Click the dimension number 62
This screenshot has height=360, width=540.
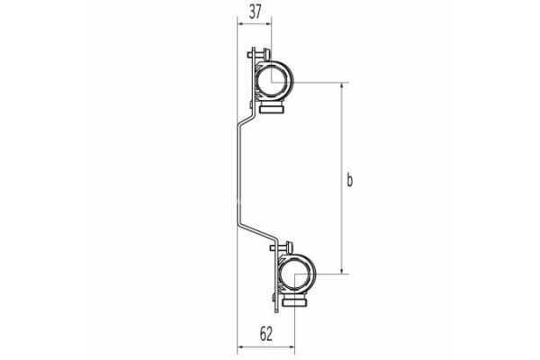click(x=266, y=333)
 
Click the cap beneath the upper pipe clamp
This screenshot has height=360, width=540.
click(x=273, y=110)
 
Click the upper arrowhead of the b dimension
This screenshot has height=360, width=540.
click(x=343, y=86)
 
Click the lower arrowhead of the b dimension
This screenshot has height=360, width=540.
click(x=343, y=269)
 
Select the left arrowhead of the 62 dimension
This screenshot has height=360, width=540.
click(x=240, y=347)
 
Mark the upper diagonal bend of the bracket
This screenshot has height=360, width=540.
click(x=243, y=121)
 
